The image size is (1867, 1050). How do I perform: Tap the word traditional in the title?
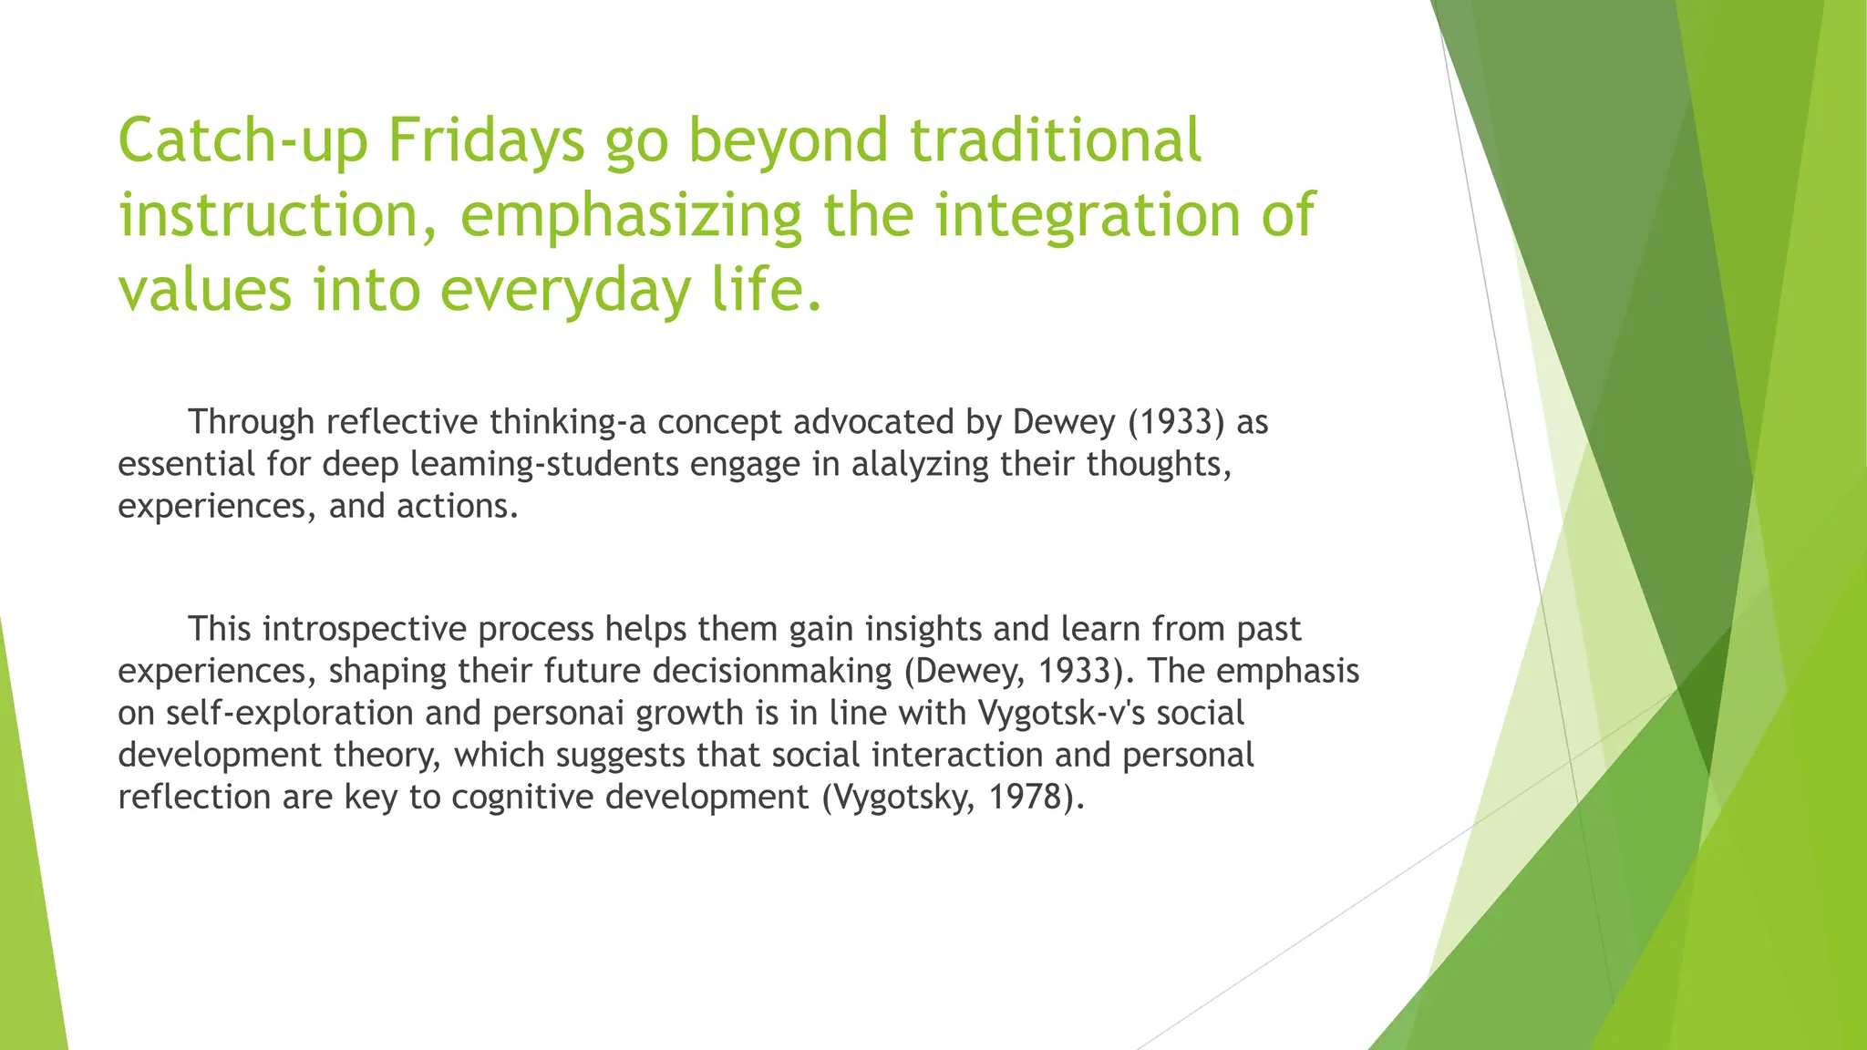pos(1056,141)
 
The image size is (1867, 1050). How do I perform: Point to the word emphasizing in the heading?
pos(631,217)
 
